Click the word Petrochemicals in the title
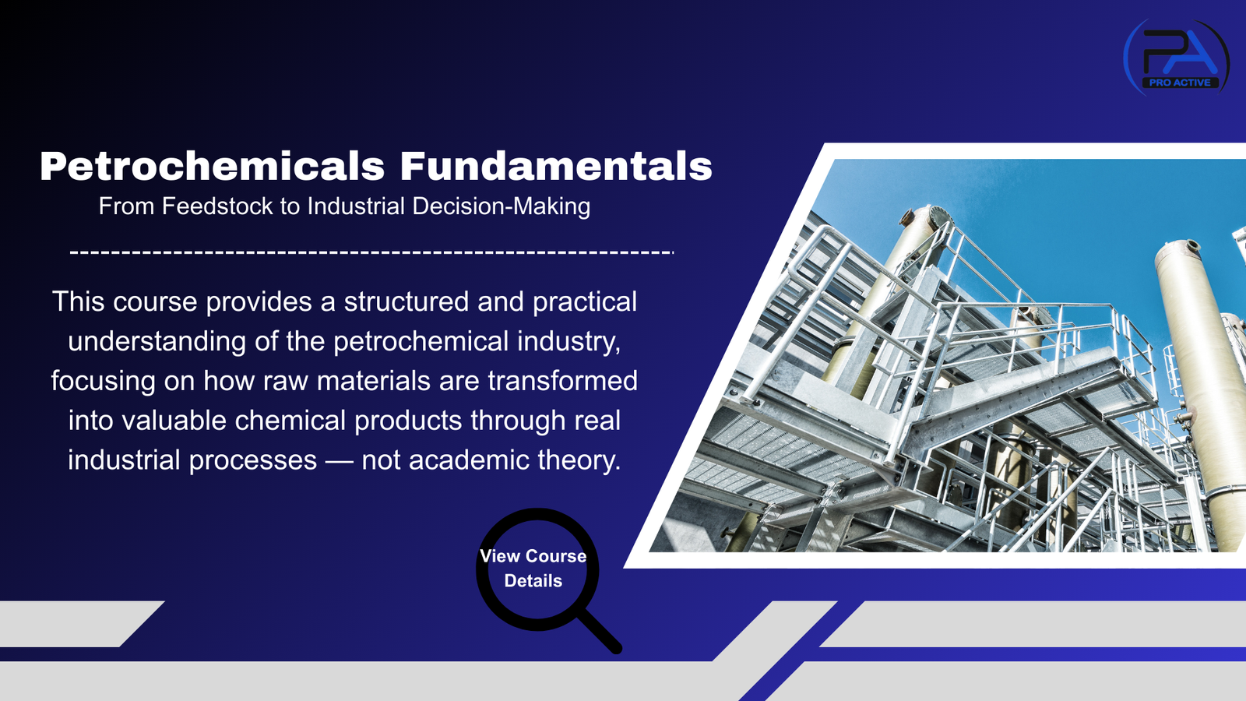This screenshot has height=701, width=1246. (212, 167)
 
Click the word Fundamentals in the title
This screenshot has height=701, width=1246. (556, 167)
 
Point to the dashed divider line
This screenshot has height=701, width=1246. (371, 252)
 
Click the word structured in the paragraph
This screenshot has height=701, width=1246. (407, 302)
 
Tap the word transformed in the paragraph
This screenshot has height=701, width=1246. (563, 381)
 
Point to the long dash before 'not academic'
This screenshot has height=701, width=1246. (339, 461)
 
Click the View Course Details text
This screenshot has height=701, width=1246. (533, 568)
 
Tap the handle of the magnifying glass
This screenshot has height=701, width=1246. (600, 631)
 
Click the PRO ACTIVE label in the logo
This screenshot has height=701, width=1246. (1180, 83)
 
